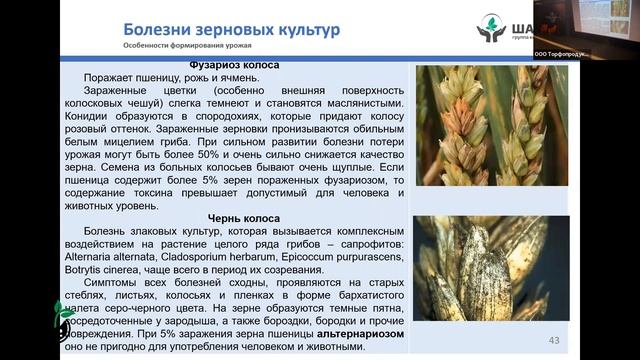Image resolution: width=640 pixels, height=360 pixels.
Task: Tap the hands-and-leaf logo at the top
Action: point(493,29)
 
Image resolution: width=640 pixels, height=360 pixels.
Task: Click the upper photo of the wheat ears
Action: point(492,125)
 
